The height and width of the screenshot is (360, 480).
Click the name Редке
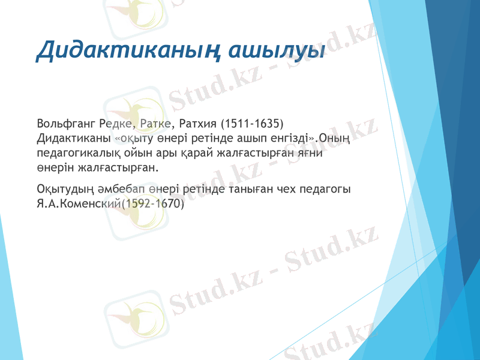pos(116,125)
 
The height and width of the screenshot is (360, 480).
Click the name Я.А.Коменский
pos(78,203)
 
